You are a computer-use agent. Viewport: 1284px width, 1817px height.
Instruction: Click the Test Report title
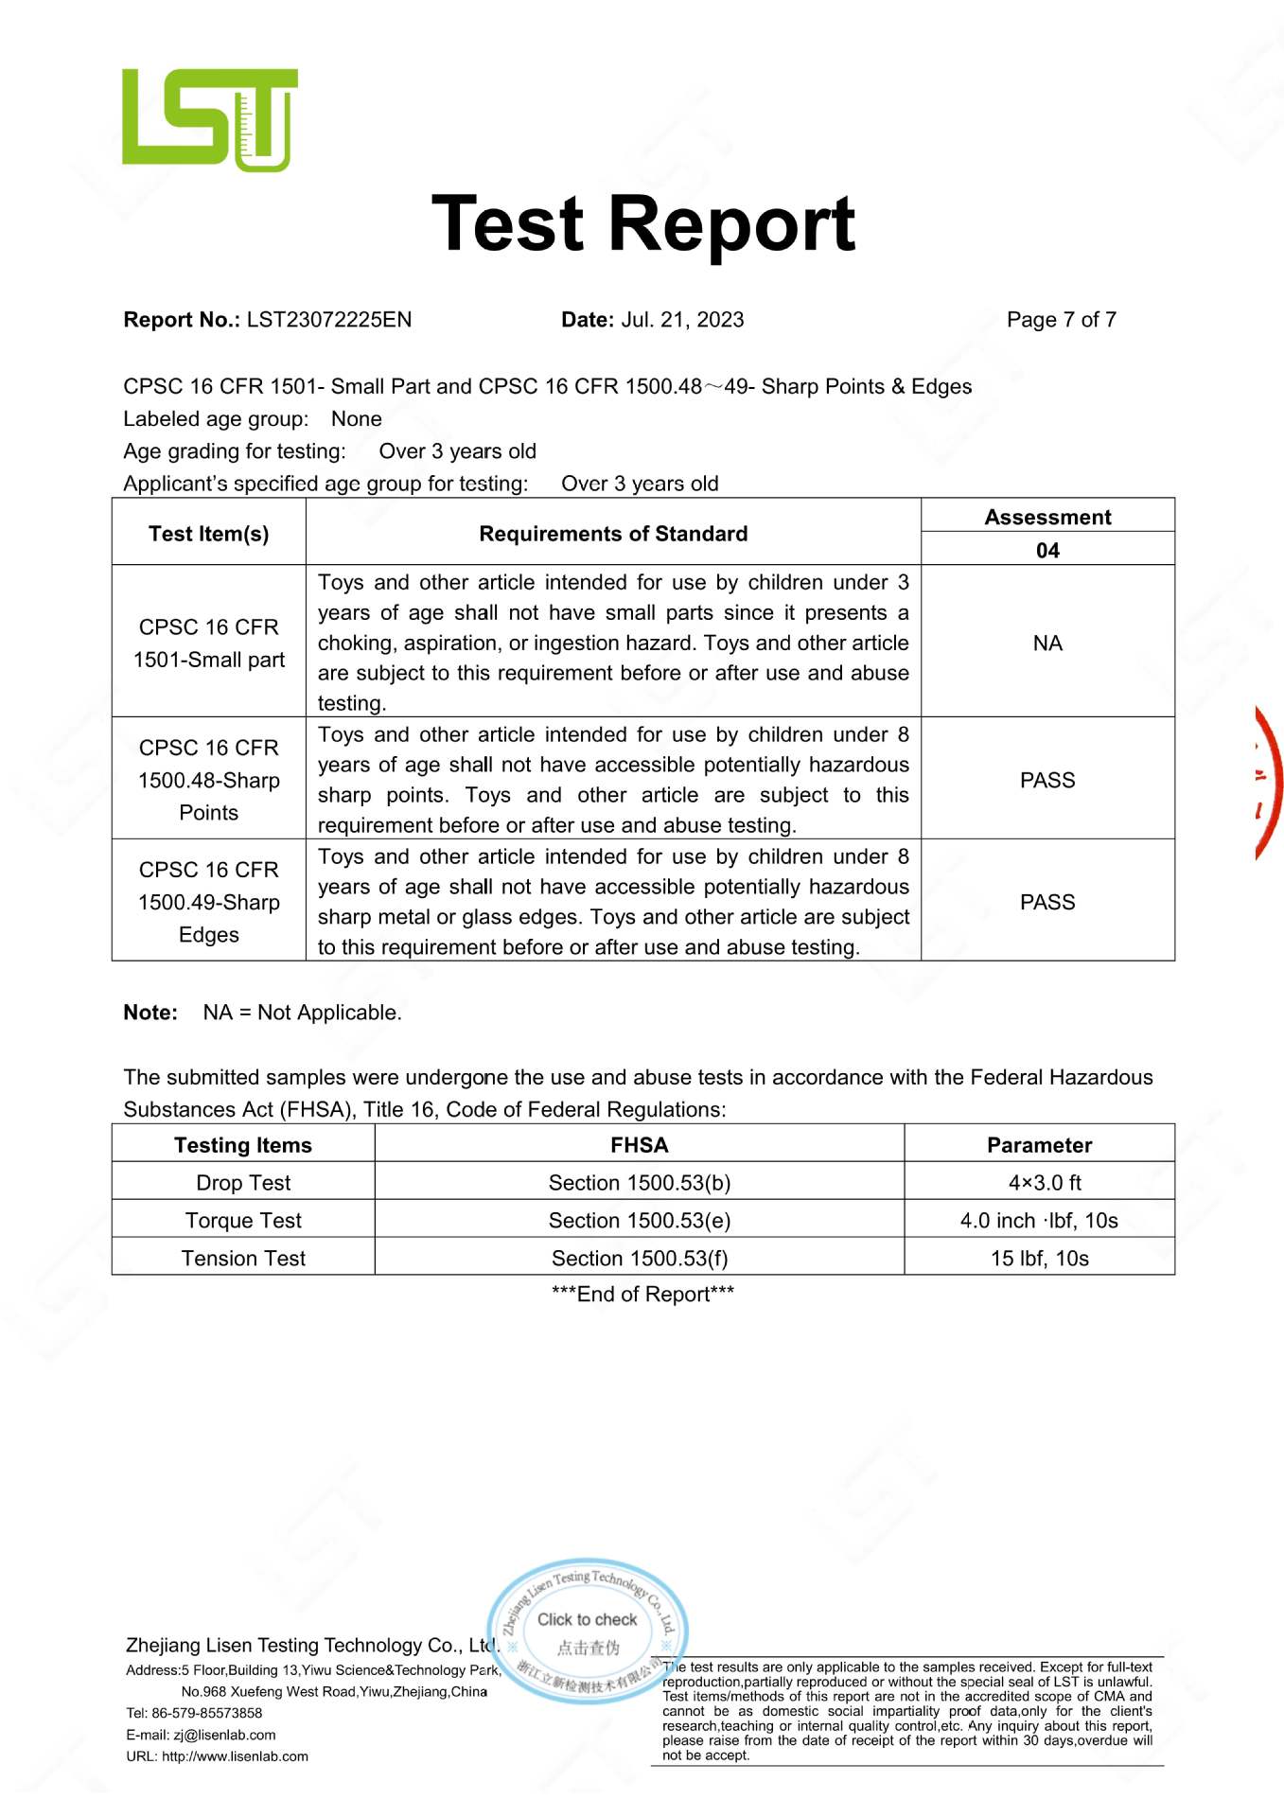642,224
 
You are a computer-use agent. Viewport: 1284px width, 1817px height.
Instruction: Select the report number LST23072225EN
328,320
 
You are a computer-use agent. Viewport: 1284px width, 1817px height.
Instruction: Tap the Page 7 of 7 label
1061,320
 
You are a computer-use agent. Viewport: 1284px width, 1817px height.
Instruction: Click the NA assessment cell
1047,644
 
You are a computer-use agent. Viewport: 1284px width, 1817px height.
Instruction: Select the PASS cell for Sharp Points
1047,780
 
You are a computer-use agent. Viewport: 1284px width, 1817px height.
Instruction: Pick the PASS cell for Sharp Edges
1047,902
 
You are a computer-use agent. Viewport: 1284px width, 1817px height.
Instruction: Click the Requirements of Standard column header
613,534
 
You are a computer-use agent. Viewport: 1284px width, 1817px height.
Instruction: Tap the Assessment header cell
1047,517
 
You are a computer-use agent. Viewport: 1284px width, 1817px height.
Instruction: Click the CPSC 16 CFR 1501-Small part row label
209,644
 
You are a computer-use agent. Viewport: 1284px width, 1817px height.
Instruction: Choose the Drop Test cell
243,1183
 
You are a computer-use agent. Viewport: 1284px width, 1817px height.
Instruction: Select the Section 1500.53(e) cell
640,1221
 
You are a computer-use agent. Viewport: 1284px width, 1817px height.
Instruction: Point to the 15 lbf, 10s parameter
1039,1259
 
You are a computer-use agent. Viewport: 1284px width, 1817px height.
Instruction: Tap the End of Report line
642,1294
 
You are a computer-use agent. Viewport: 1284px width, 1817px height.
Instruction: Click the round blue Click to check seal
588,1632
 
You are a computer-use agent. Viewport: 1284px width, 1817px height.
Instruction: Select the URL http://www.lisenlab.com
235,1756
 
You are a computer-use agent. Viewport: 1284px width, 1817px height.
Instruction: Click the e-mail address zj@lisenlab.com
224,1735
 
